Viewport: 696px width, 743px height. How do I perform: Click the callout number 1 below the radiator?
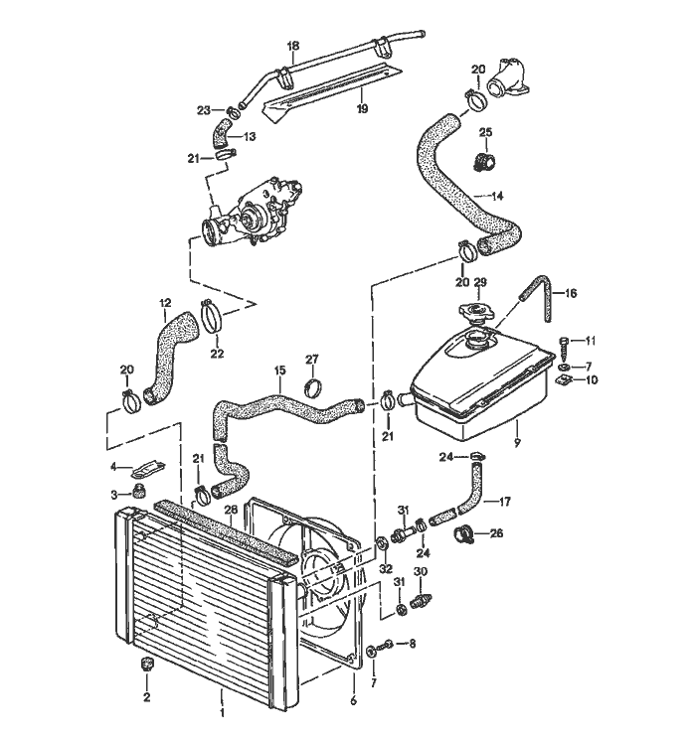pos(222,713)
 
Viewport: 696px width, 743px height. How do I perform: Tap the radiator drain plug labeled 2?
pos(147,665)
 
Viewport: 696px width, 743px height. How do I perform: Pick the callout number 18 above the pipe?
pos(293,46)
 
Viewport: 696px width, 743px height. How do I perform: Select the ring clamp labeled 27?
pos(312,385)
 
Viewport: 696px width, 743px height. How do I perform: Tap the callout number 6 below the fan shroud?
pos(353,700)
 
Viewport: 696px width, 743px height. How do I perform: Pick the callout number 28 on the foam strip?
pos(231,511)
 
